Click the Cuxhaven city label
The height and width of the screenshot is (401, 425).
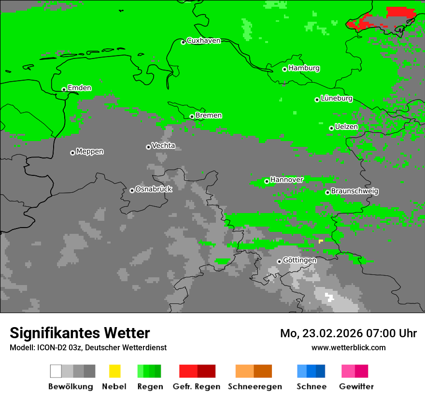(203, 41)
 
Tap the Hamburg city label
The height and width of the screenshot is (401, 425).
(304, 68)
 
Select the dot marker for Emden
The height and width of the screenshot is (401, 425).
(64, 89)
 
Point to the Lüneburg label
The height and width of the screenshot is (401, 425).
(336, 99)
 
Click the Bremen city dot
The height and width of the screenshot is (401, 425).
(192, 116)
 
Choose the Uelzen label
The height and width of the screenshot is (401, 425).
(346, 127)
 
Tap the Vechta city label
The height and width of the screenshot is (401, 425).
(163, 146)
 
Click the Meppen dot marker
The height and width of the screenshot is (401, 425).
(72, 153)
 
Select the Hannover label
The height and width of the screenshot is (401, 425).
(286, 180)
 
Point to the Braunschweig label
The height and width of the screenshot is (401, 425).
(354, 191)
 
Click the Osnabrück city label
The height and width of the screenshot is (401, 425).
(154, 189)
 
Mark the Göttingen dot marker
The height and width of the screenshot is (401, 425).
(279, 261)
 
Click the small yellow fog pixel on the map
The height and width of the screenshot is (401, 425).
(321, 241)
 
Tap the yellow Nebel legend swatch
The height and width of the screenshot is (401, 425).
(114, 371)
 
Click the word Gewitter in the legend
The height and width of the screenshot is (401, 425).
(356, 387)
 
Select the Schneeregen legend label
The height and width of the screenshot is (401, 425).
(255, 387)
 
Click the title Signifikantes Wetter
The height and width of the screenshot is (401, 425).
(80, 333)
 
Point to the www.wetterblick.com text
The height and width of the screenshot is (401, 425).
(348, 347)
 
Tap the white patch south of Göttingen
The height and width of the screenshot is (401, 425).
(330, 297)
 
